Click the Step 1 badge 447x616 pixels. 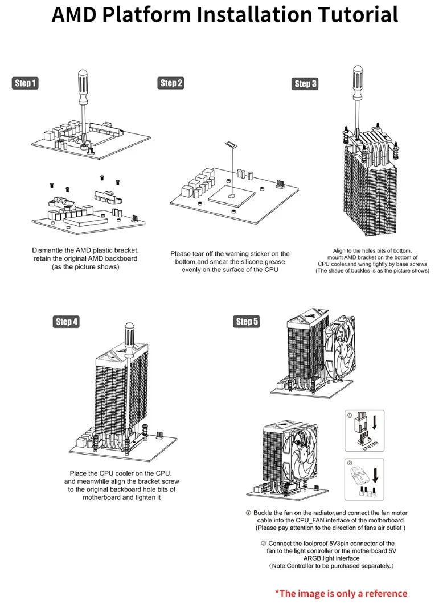24,83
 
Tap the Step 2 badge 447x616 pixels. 171,83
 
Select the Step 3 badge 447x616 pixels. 305,84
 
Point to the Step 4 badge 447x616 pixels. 67,322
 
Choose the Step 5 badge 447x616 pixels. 247,322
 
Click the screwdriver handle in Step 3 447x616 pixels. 358,79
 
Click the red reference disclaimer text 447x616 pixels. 341,593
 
